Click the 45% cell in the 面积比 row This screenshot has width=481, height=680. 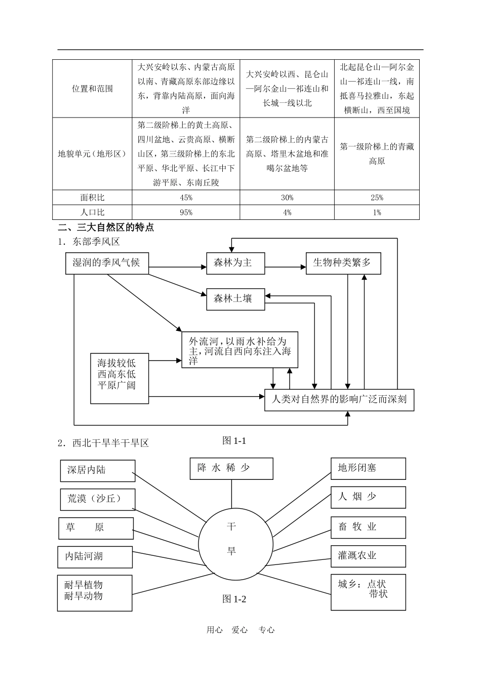186,198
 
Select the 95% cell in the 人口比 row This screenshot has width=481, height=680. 186,212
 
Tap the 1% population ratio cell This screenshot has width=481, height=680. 377,212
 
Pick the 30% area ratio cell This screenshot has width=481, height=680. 287,198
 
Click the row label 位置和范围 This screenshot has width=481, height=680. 92,89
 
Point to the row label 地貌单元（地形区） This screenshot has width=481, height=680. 92,154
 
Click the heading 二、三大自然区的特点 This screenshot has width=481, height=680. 106,228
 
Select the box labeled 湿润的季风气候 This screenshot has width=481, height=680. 107,263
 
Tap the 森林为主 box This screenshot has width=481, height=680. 235,263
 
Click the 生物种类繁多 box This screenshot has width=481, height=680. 343,263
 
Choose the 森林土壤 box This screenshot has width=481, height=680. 235,299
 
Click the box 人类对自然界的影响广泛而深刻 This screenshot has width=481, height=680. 339,399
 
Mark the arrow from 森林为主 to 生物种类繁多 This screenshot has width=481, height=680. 285,267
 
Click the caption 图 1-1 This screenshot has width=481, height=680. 234,440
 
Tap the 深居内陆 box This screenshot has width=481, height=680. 97,470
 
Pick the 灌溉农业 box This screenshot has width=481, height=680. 368,556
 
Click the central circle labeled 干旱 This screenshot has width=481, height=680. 231,540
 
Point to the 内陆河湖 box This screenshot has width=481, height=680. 95,556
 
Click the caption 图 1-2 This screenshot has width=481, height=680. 234,599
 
